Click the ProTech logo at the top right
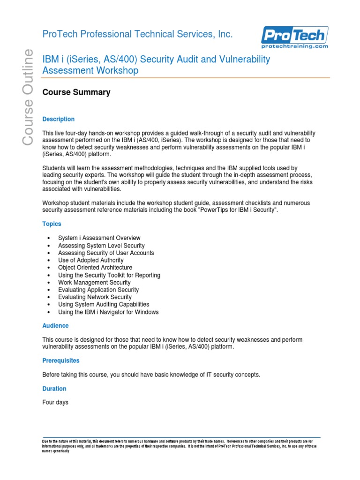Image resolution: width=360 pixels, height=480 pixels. [x=294, y=35]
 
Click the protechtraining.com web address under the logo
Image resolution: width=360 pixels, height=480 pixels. [x=294, y=46]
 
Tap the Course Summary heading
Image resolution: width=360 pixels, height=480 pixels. [x=76, y=92]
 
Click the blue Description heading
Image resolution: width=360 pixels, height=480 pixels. [x=58, y=119]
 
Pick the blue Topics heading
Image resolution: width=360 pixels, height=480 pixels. [x=52, y=224]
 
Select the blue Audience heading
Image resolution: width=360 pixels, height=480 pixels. [x=55, y=325]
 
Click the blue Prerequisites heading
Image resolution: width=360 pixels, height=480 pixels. [x=61, y=360]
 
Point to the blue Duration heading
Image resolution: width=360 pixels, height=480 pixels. [x=54, y=389]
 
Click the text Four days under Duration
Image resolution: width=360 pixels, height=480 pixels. [x=55, y=402]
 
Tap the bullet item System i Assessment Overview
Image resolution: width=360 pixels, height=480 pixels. [x=99, y=238]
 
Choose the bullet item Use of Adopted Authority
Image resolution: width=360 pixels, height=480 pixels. [x=91, y=260]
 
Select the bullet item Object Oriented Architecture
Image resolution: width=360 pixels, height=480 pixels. [x=95, y=268]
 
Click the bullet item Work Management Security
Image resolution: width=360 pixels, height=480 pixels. [x=94, y=283]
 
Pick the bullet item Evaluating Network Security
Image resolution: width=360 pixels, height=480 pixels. [x=95, y=297]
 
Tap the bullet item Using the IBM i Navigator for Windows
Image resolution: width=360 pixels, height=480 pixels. [x=108, y=312]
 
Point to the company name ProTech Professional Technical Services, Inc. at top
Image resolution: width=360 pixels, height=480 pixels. [x=131, y=34]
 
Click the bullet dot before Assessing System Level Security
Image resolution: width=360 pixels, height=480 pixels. [x=49, y=246]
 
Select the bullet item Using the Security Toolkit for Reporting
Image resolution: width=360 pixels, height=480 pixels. [x=109, y=275]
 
